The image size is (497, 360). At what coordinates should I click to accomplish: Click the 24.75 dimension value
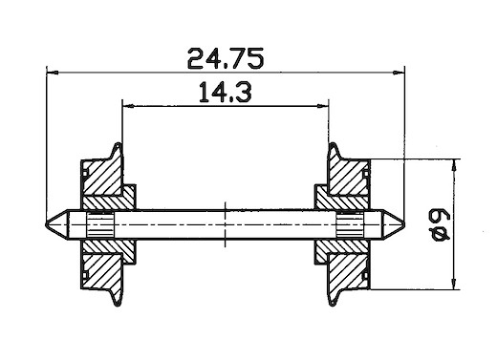click(226, 58)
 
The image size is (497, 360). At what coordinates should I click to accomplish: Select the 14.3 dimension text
click(226, 92)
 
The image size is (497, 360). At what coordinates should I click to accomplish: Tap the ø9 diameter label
click(441, 224)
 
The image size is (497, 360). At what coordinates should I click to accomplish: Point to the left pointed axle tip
click(47, 223)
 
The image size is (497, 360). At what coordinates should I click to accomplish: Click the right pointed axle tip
click(404, 224)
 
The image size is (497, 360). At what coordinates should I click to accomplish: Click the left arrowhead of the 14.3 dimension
click(128, 106)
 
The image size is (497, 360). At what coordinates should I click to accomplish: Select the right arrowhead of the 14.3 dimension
click(322, 106)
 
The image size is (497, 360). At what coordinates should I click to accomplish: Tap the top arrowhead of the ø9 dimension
click(454, 165)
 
